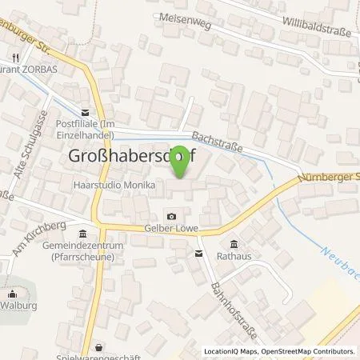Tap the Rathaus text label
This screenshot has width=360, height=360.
[x=234, y=257]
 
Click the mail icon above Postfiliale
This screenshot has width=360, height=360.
[x=85, y=112]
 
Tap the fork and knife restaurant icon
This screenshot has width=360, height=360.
[x=15, y=58]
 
